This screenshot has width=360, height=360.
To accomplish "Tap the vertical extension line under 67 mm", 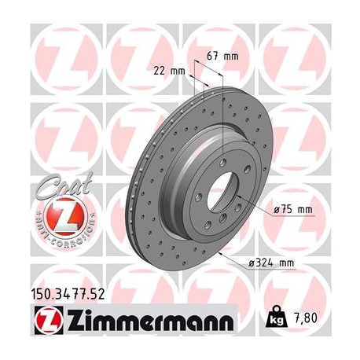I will pos(223,102).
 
